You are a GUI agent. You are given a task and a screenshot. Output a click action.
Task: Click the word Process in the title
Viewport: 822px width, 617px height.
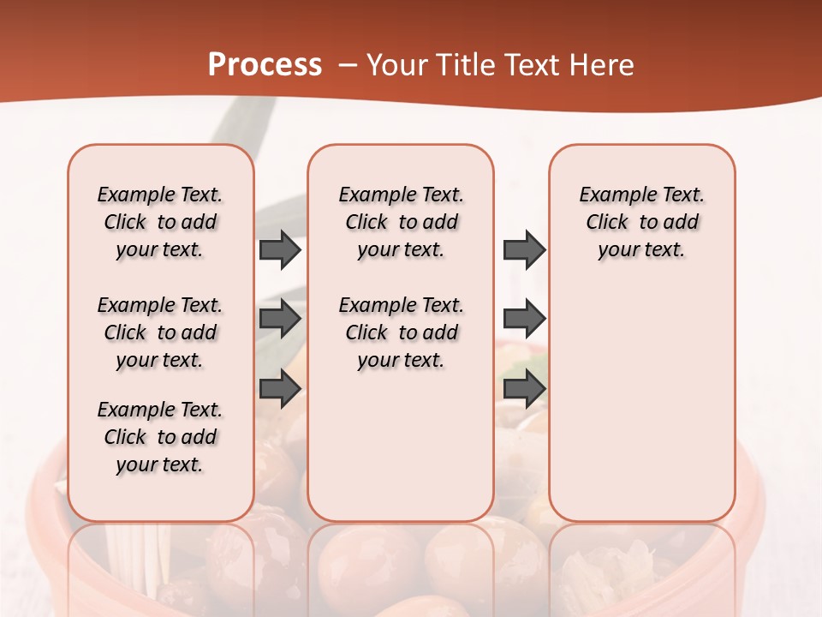tap(265, 65)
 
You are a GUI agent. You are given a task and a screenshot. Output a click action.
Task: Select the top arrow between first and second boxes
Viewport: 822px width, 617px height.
tap(280, 249)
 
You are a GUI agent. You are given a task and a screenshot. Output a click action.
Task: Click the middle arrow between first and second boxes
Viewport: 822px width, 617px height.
tap(280, 319)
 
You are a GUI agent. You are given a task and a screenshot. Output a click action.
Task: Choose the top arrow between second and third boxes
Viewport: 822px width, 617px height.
tap(524, 249)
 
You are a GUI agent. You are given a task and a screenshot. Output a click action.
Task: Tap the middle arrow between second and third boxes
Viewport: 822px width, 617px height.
tap(524, 319)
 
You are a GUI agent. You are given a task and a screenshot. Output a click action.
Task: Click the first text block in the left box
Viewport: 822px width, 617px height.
tap(160, 222)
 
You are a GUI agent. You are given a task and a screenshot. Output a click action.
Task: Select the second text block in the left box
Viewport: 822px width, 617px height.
tap(160, 332)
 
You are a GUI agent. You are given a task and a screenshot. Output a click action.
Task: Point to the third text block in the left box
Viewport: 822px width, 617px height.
tap(160, 437)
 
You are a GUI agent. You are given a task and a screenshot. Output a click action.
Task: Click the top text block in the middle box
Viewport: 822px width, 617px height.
tap(401, 222)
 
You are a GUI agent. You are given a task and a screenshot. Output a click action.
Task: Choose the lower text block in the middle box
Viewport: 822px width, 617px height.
tap(401, 332)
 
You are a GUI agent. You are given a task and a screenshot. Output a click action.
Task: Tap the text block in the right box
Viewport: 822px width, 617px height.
tap(641, 222)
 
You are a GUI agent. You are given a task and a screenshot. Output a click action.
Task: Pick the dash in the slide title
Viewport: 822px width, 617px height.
tap(348, 65)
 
